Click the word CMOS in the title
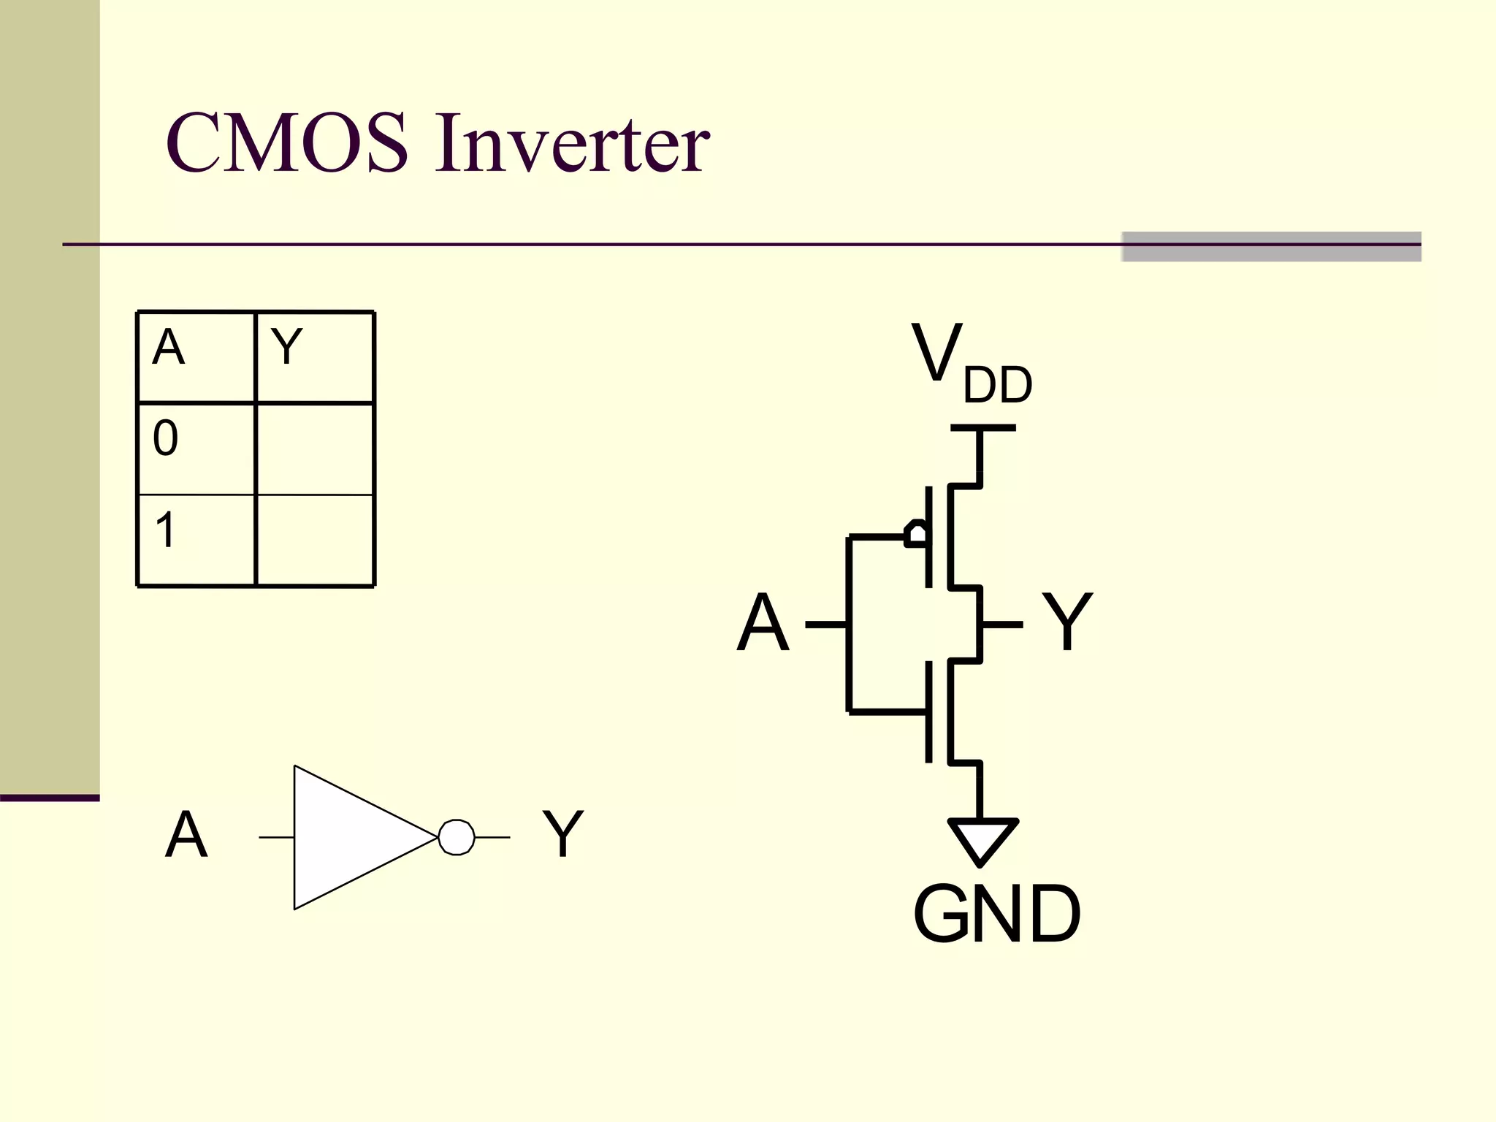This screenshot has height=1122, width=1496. click(x=286, y=143)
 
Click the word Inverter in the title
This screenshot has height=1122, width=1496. click(x=572, y=143)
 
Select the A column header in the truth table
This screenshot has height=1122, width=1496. click(x=169, y=348)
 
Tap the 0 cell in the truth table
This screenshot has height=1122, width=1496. click(x=166, y=438)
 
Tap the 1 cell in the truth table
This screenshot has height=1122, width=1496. click(x=166, y=530)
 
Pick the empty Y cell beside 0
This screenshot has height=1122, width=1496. click(x=315, y=448)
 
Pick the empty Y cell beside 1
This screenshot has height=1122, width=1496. click(x=315, y=540)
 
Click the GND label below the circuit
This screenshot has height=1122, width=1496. click(x=996, y=914)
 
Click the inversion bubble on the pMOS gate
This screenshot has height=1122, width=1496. click(x=916, y=534)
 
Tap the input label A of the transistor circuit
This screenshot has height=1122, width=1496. click(x=763, y=623)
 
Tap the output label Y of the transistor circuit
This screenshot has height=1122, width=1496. click(x=1066, y=621)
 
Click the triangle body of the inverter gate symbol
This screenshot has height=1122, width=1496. click(x=351, y=837)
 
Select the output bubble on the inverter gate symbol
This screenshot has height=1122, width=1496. click(x=457, y=837)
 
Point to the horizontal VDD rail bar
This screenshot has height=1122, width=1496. click(x=982, y=428)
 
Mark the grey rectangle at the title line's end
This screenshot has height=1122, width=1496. click(x=1271, y=246)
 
